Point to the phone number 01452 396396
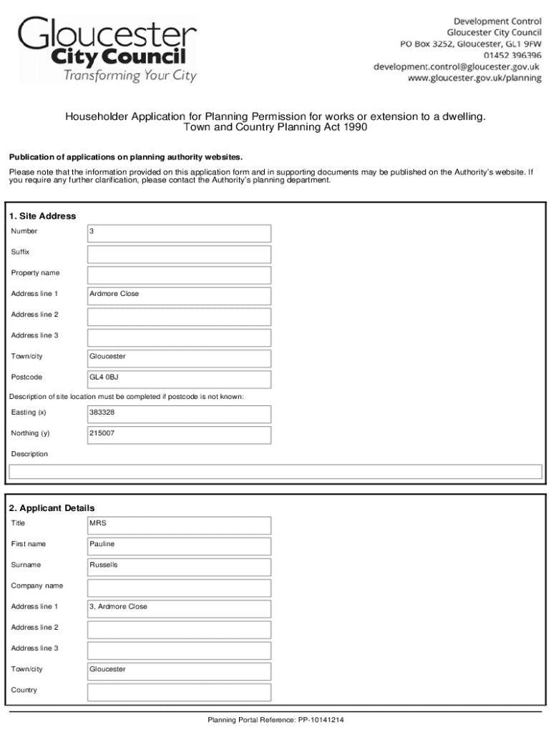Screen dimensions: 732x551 512,55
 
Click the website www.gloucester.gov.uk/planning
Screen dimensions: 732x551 474,78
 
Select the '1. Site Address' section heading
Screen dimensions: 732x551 42,216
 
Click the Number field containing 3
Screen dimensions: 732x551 179,233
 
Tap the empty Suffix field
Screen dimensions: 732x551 179,254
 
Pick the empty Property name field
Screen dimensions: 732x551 179,274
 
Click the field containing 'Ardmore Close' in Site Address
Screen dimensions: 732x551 179,295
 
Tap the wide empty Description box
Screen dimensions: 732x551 275,472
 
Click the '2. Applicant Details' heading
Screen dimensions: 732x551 52,508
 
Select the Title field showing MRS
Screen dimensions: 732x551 179,525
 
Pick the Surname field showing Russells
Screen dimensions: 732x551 179,566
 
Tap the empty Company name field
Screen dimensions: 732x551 179,588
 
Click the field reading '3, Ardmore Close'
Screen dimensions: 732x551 179,608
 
